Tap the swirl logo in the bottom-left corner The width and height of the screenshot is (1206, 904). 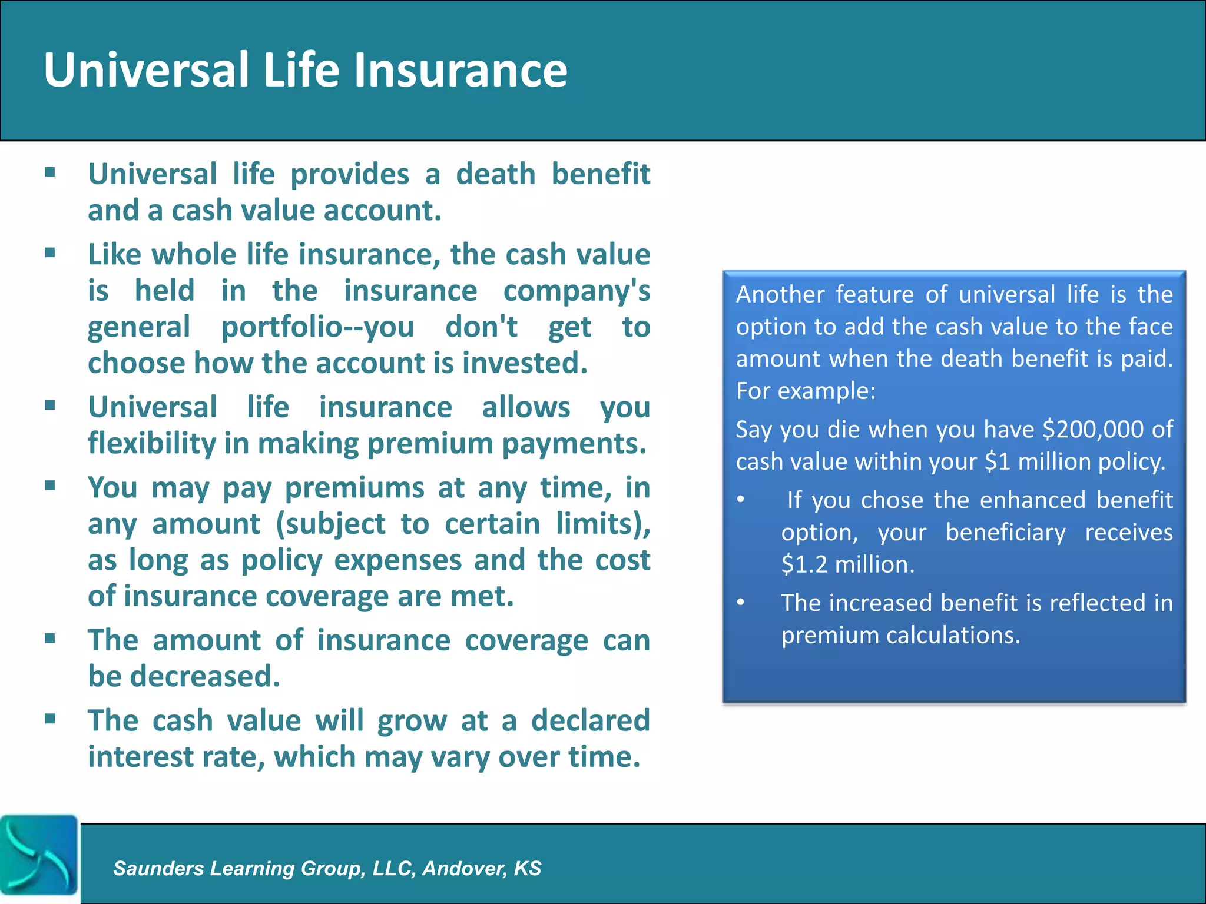[38, 855]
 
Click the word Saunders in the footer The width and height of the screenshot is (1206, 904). [158, 868]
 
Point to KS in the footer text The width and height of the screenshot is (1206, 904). [527, 868]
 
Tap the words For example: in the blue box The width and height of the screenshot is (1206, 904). [806, 391]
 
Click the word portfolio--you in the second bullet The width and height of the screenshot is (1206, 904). [318, 327]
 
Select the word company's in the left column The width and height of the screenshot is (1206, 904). [577, 291]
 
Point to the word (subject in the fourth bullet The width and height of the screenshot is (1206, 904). [330, 524]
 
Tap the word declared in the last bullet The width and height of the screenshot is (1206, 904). [591, 721]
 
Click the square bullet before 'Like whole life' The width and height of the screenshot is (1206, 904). [50, 253]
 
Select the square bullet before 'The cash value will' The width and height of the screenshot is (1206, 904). [50, 719]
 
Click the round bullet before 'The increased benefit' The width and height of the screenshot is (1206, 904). [741, 602]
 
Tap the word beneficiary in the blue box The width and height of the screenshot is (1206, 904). [1005, 532]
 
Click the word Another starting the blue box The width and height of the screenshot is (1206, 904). [780, 294]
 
